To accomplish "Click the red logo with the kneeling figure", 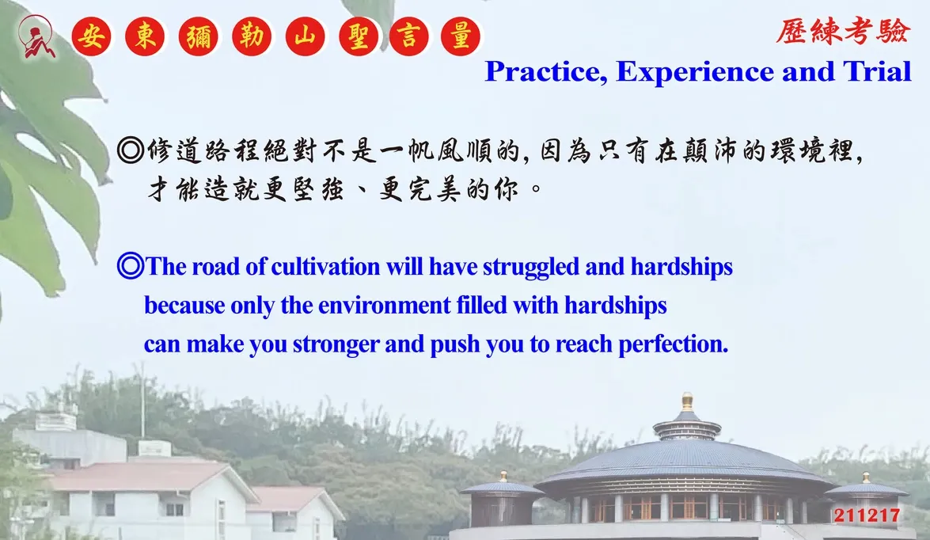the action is tap(36, 36).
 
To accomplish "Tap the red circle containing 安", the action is tap(91, 36).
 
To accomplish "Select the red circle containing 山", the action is tap(305, 36).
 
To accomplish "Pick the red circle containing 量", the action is tap(461, 36).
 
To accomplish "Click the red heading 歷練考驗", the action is tap(842, 31).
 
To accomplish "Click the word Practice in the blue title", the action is tap(546, 72).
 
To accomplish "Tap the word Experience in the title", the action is tap(695, 72).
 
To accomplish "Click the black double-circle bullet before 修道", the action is tap(131, 150).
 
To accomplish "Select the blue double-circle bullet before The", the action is tap(131, 266).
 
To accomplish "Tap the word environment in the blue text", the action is tap(385, 306).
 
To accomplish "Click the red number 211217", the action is tap(867, 515).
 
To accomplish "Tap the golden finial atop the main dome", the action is tap(688, 401).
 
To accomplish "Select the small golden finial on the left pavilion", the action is tap(503, 476).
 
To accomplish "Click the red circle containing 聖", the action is tap(359, 36).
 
